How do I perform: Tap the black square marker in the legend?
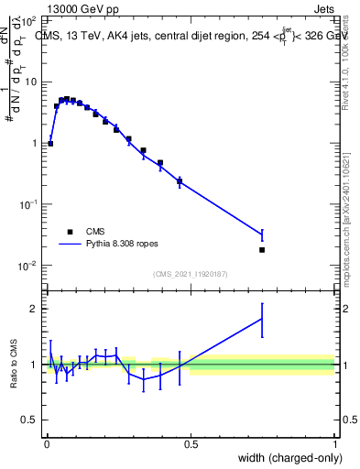(x=70, y=232)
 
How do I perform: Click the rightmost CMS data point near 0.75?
(x=262, y=249)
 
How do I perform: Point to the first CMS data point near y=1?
(x=50, y=143)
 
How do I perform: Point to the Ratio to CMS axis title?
(x=14, y=364)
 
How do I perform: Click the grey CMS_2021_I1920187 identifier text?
(x=191, y=274)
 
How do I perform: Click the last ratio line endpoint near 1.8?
(x=262, y=320)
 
